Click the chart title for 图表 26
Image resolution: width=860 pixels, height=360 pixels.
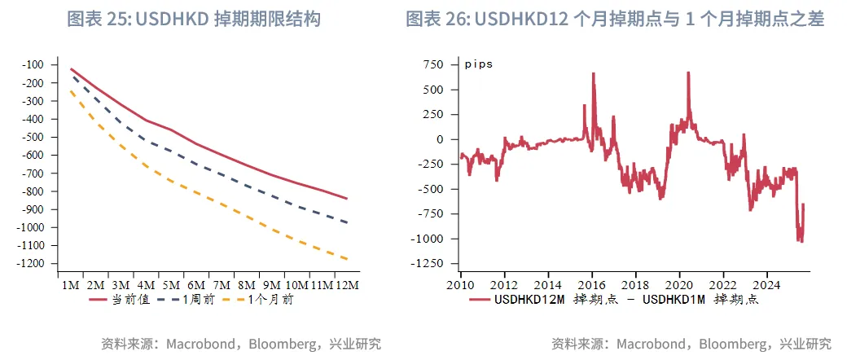pos(615,19)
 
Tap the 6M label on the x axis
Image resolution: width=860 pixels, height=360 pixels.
pos(195,286)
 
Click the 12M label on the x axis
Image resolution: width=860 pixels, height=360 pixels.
pos(347,286)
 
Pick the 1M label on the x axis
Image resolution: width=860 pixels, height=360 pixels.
pos(70,286)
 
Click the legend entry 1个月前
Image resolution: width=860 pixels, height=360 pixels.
pos(266,300)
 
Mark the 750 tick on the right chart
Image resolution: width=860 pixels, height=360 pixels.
pos(434,64)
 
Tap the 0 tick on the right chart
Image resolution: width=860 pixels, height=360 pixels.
pos(441,139)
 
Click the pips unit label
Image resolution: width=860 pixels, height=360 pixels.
pos(479,64)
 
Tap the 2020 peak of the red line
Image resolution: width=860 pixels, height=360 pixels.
pos(688,73)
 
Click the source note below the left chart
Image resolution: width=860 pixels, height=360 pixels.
pos(240,344)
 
